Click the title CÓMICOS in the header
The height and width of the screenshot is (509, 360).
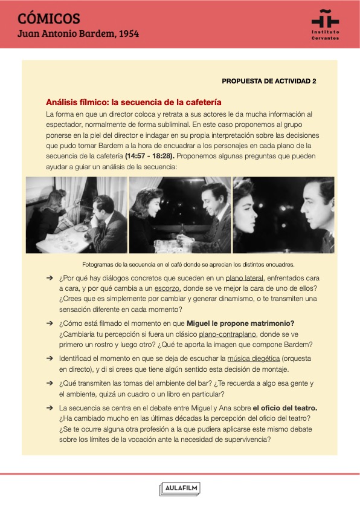49,19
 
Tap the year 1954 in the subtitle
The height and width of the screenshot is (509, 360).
129,33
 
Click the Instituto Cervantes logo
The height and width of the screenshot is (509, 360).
326,25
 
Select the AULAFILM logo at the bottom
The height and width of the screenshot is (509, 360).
180,489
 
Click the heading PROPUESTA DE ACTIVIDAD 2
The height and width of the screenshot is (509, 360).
269,81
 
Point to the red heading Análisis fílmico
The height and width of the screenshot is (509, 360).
133,102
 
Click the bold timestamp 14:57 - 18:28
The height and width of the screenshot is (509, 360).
150,156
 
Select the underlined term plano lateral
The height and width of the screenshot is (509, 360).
244,278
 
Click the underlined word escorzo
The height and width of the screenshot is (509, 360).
168,288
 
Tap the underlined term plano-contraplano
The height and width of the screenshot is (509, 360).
227,334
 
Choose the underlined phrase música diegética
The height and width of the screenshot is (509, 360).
254,358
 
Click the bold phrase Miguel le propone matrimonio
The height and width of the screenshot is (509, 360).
240,323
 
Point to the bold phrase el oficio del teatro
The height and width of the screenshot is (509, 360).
285,408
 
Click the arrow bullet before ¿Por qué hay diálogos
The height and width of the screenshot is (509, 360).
50,278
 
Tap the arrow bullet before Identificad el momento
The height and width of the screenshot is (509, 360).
50,358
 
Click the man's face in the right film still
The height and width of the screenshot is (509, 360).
313,208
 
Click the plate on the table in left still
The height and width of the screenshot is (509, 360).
81,229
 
